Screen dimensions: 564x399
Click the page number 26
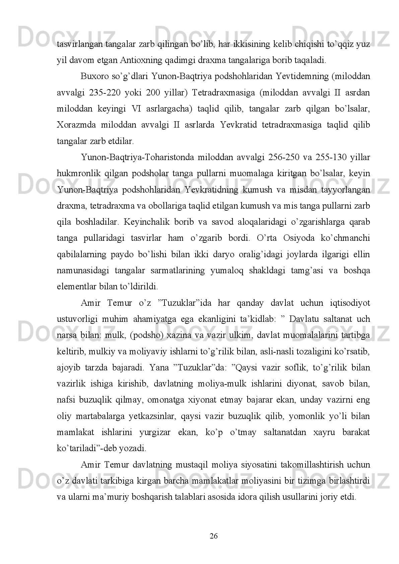tap(214, 536)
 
